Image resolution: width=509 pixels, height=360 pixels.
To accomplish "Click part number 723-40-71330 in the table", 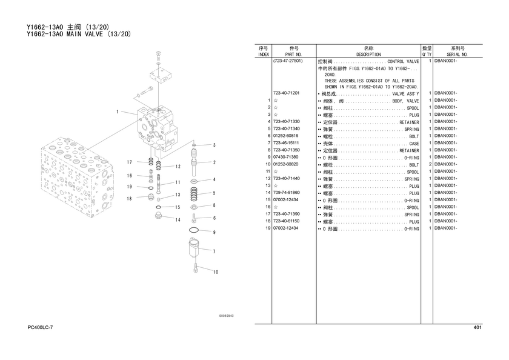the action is point(286,122).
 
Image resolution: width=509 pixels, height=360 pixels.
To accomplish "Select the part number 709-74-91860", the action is point(286,193).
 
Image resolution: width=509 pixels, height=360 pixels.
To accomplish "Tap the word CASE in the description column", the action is point(414,144).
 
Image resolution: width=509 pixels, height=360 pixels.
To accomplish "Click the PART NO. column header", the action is point(293,55).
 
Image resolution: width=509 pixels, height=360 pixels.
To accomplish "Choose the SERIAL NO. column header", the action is point(457,55).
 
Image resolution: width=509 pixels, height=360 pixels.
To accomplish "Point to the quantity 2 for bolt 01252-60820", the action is point(430,164).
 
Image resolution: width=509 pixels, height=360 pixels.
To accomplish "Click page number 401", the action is point(477,327).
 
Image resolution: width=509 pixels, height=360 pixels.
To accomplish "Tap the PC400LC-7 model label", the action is point(40,327).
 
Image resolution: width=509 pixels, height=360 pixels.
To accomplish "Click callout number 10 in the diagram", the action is point(216,272).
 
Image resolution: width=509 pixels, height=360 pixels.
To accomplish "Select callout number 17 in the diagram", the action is point(130,162).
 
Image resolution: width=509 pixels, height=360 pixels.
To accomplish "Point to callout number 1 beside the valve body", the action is point(118,112).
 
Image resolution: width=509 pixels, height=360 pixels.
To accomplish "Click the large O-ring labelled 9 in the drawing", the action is point(193,230).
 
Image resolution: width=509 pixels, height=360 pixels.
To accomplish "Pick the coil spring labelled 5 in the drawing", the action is point(194,194).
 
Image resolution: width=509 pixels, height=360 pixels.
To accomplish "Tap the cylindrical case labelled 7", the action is point(194,247).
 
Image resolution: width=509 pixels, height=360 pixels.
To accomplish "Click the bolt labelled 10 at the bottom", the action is point(195,268).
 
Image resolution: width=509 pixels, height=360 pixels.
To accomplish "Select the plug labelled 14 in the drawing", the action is point(159,215).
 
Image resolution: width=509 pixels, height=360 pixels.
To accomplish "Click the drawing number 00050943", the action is point(227,316).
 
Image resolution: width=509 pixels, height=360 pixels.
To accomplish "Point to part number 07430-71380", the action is point(285,157).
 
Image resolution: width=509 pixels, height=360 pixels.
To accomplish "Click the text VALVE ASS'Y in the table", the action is point(405,94).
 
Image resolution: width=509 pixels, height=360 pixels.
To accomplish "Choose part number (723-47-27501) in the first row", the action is point(288,61).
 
